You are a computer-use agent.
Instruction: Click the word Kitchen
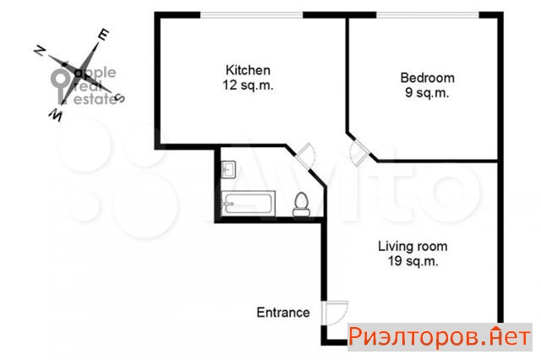pos(248,70)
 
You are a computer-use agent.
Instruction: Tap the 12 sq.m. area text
pos(248,85)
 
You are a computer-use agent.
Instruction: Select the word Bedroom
pos(427,78)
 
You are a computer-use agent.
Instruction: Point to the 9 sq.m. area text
pos(427,92)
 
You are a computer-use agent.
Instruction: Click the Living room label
pos(413,246)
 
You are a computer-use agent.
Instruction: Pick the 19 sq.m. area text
pos(413,260)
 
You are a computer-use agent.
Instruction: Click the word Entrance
pos(283,313)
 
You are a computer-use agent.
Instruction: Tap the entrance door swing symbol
pos(335,313)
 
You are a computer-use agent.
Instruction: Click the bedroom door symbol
pos(358,153)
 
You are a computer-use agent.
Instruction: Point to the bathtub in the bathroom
pos(248,204)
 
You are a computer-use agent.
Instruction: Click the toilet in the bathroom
pos(301,205)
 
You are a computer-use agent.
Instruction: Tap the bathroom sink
pos(228,169)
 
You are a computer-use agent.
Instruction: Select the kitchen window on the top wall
pos(252,15)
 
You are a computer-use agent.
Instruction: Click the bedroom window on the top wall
pos(428,15)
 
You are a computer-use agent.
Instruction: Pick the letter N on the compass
pos(40,51)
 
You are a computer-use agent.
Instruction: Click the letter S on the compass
pos(119,98)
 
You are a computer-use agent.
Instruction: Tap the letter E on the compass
pos(103,34)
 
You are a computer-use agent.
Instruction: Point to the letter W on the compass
pos(56,114)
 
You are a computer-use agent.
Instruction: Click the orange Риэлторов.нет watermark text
pos(440,337)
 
